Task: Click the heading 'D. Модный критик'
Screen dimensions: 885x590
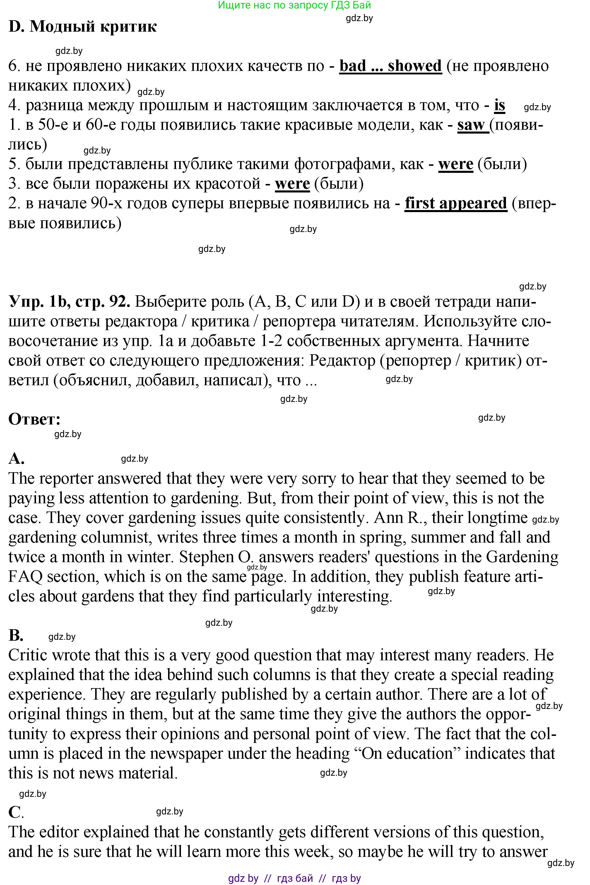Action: (82, 27)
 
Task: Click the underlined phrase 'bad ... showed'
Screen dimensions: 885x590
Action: (390, 66)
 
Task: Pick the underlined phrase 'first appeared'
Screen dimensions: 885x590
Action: (456, 203)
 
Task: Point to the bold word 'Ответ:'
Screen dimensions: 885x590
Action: (35, 419)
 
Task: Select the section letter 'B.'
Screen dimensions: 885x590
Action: (16, 635)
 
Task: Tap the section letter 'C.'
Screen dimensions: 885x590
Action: (16, 812)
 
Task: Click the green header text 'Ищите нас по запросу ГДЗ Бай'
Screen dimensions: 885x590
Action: (294, 5)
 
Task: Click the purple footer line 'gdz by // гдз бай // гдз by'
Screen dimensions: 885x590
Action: (294, 878)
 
